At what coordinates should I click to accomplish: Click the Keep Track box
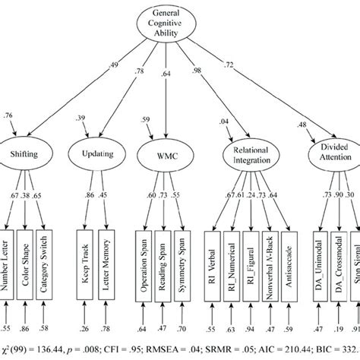[x=87, y=261]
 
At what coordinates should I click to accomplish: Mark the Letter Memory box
[x=106, y=261]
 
